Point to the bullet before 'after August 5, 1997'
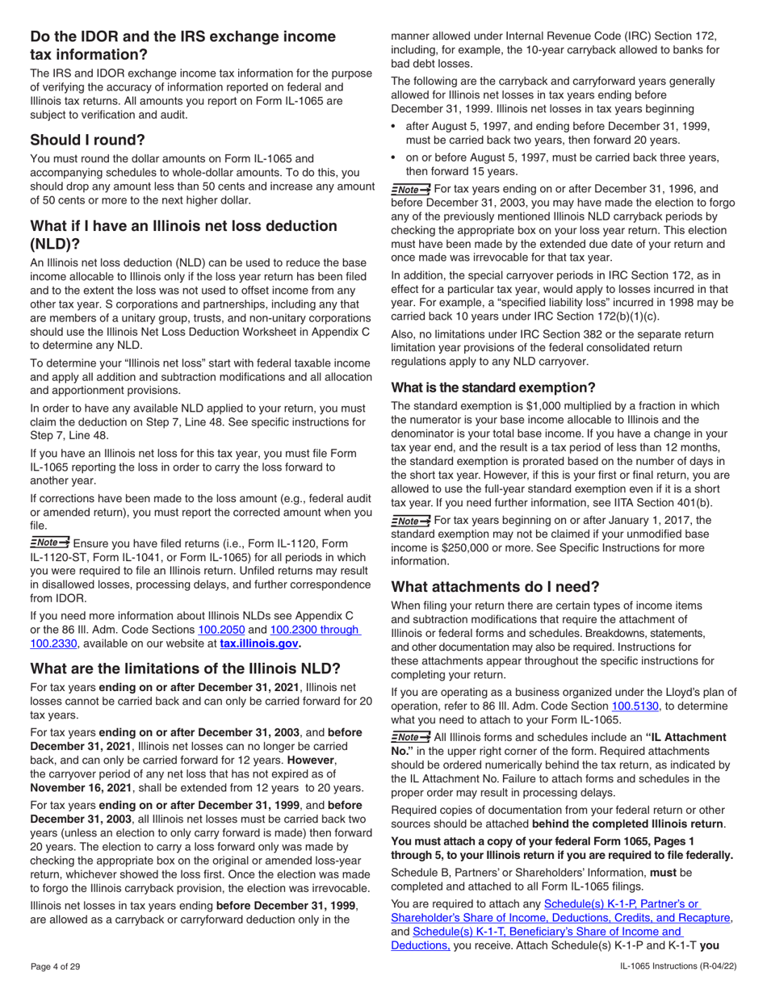coord(395,128)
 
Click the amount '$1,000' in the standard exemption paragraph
coord(537,421)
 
